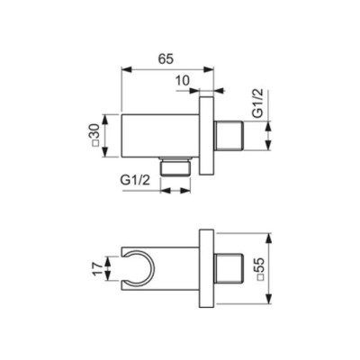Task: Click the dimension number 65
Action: point(165,58)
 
